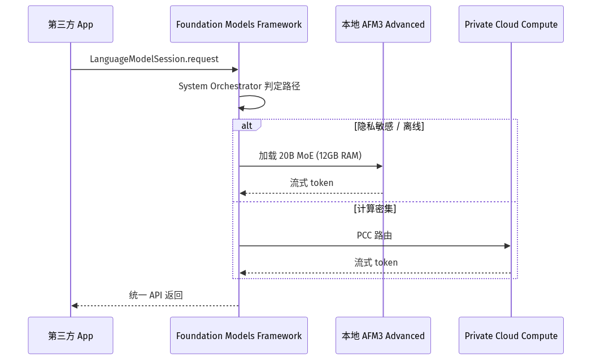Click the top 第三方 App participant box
[x=71, y=24]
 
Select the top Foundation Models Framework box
[x=239, y=24]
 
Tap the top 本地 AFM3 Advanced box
[x=383, y=24]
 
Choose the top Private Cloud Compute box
[x=511, y=24]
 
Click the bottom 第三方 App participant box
[x=71, y=336]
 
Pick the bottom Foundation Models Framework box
[x=239, y=336]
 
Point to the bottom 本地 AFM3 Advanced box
[x=383, y=336]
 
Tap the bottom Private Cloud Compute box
[x=511, y=336]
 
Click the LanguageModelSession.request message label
[x=154, y=59]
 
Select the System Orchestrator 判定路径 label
[x=240, y=86]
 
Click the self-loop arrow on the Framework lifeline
[x=265, y=102]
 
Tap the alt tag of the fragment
[x=246, y=125]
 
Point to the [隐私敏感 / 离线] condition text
[x=389, y=126]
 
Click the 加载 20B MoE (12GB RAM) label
[x=310, y=155]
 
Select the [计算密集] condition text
[x=375, y=209]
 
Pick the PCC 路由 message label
[x=375, y=235]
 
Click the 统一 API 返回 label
[x=156, y=295]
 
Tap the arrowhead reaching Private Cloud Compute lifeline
[x=507, y=246]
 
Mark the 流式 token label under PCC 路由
[x=376, y=263]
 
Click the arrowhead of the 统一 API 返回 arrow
[x=75, y=306]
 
